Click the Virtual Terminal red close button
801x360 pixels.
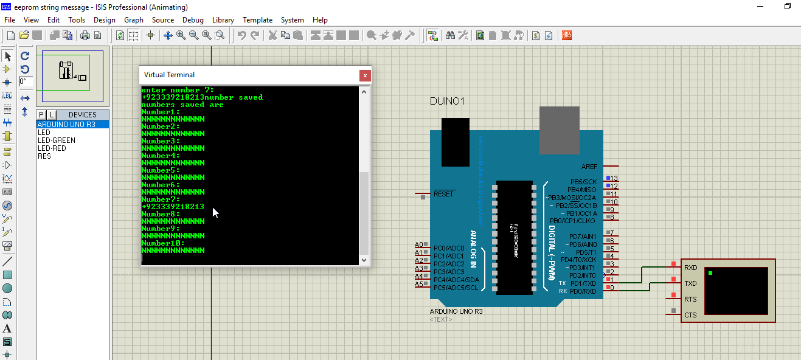point(365,75)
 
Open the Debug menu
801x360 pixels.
point(193,20)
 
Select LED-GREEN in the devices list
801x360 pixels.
point(57,140)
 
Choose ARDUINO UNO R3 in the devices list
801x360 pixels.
point(66,125)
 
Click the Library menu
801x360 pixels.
point(223,20)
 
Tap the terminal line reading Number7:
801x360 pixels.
point(161,199)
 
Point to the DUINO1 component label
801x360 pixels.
point(447,101)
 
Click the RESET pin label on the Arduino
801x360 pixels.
point(443,194)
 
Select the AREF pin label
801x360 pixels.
point(589,167)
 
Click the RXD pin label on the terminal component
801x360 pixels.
point(690,268)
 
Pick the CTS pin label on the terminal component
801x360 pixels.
point(690,315)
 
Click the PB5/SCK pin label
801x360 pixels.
point(583,182)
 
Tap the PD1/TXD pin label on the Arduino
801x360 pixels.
point(583,283)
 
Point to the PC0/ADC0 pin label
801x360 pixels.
point(449,248)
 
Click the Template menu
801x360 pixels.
point(257,20)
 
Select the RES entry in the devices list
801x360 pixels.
point(44,156)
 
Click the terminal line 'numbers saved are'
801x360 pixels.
point(182,105)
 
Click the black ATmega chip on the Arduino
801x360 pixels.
point(515,237)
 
